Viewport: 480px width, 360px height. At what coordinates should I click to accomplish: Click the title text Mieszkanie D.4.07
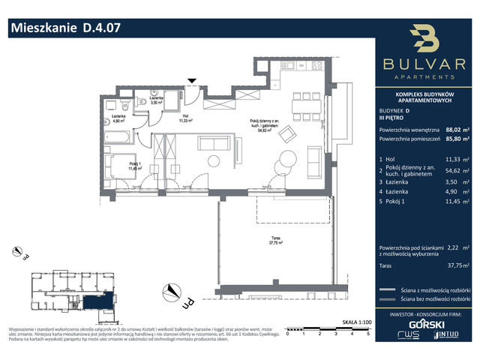(x=64, y=29)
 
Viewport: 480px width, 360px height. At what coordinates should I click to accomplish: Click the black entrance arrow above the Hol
(x=192, y=80)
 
